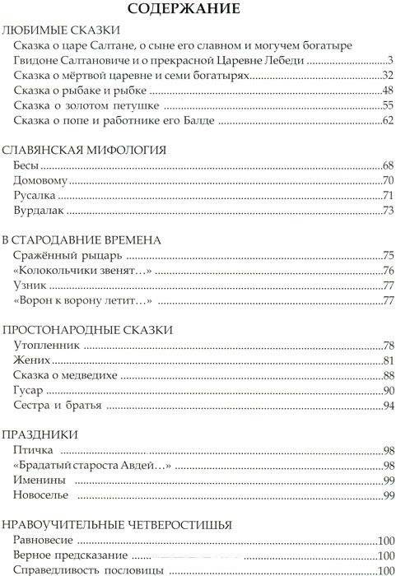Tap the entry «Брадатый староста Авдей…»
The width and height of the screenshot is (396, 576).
click(93, 465)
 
